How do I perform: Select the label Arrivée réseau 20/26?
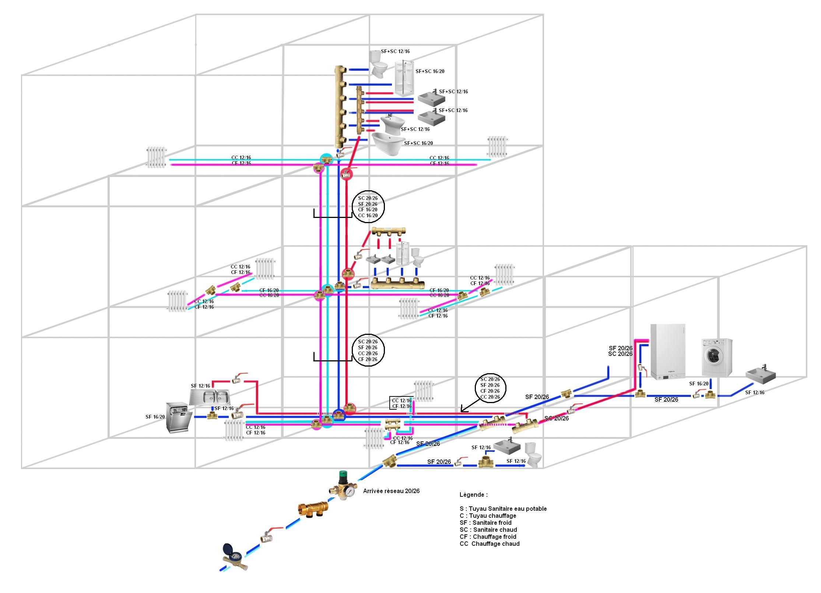click(391, 491)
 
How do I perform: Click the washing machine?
click(716, 357)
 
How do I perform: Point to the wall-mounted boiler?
click(668, 351)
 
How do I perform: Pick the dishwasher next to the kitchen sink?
click(179, 417)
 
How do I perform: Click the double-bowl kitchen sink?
click(210, 397)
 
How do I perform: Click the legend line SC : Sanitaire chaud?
click(488, 530)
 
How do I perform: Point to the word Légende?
click(473, 495)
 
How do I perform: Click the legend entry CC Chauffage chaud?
click(490, 544)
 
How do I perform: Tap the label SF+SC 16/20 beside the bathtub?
click(418, 143)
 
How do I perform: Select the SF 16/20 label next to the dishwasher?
click(155, 417)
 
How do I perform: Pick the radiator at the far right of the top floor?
click(497, 146)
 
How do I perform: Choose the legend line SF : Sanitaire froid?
click(485, 523)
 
